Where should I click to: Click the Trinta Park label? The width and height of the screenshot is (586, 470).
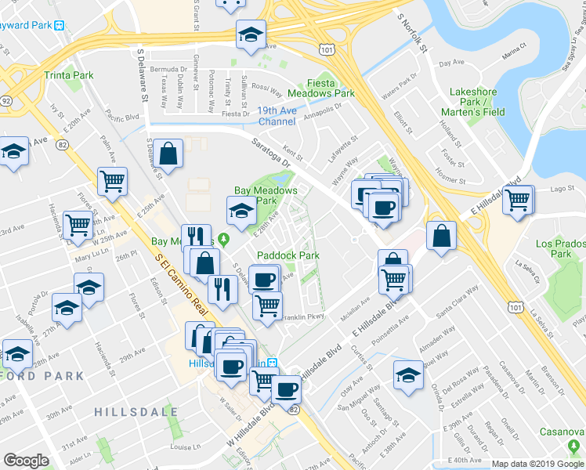[69, 75]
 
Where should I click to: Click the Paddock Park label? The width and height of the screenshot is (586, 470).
[288, 255]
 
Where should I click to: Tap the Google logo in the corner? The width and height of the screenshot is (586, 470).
[26, 461]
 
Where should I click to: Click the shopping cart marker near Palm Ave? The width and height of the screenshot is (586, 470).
[113, 181]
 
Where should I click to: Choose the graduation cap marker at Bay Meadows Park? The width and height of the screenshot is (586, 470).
[241, 208]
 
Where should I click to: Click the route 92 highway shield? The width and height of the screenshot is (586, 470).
[6, 101]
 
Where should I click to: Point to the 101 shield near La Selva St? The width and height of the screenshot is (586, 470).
[515, 308]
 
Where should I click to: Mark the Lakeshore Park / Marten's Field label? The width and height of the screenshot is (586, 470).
[473, 101]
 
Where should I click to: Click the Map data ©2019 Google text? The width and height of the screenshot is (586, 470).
[537, 464]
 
